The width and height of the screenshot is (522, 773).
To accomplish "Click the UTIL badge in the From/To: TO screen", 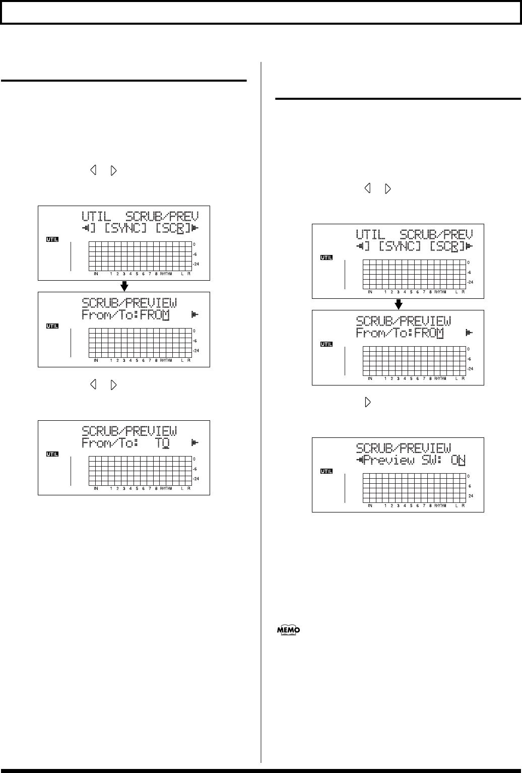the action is coord(52,455).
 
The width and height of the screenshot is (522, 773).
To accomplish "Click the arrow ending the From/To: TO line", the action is coord(194,443).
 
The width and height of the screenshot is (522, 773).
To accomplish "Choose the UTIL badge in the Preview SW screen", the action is coord(327,472).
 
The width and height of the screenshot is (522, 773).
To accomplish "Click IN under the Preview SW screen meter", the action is coord(370,506).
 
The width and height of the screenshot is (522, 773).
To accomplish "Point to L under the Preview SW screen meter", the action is coord(456,506).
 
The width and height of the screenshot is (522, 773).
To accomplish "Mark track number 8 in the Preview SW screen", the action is coord(430,506).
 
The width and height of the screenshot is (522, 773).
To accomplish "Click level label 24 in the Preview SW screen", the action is coord(471,496).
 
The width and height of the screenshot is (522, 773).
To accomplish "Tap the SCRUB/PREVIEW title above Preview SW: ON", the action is coord(404,448).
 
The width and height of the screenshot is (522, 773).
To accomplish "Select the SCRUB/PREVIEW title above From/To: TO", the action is coord(129,431).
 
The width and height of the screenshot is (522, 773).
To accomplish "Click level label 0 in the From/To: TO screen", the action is coord(195,460).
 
